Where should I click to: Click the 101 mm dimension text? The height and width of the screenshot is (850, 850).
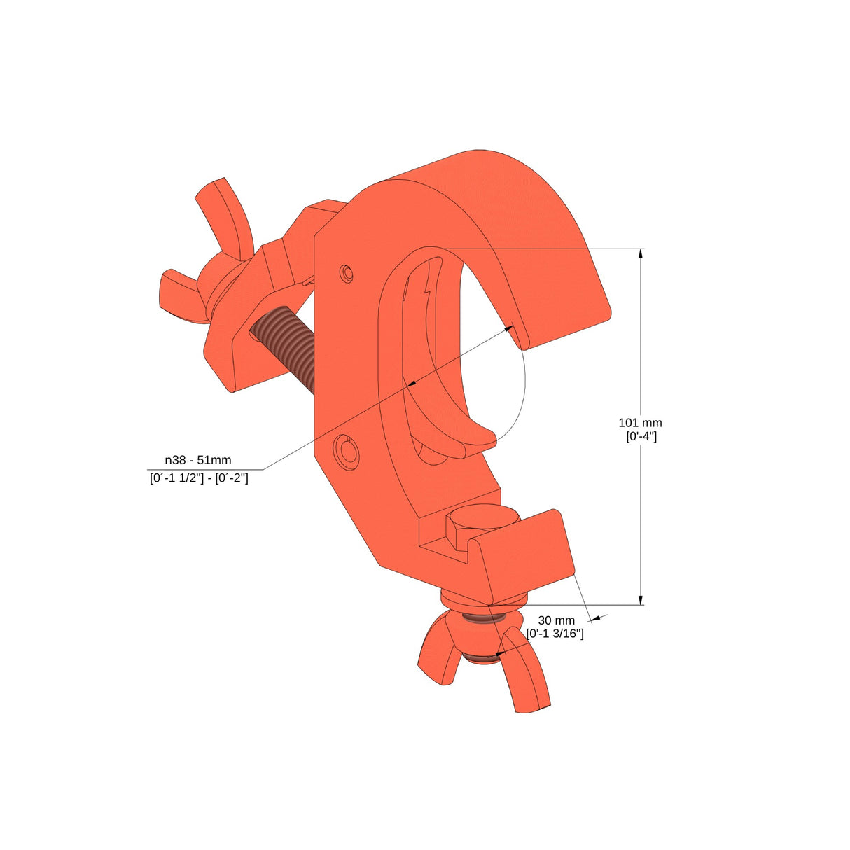click(x=640, y=422)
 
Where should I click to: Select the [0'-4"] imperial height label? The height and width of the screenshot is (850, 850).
click(x=641, y=436)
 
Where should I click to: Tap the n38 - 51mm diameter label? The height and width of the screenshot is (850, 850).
click(x=198, y=460)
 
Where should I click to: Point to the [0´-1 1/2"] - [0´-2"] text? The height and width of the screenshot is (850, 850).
click(x=199, y=478)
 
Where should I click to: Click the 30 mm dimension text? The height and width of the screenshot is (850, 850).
click(x=556, y=620)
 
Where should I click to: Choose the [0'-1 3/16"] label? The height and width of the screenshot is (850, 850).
click(x=555, y=634)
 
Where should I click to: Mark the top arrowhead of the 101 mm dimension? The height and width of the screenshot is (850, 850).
click(x=641, y=254)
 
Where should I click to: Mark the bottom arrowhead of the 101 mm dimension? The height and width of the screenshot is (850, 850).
click(x=641, y=599)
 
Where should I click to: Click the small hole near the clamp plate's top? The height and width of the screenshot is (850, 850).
click(x=346, y=273)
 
